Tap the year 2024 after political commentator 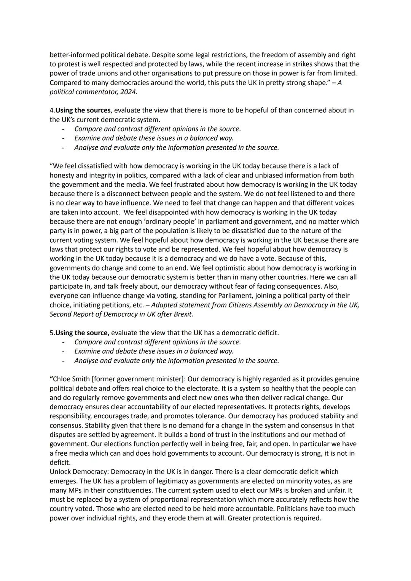pos(128,92)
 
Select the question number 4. pos(51,110)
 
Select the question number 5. pos(51,333)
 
